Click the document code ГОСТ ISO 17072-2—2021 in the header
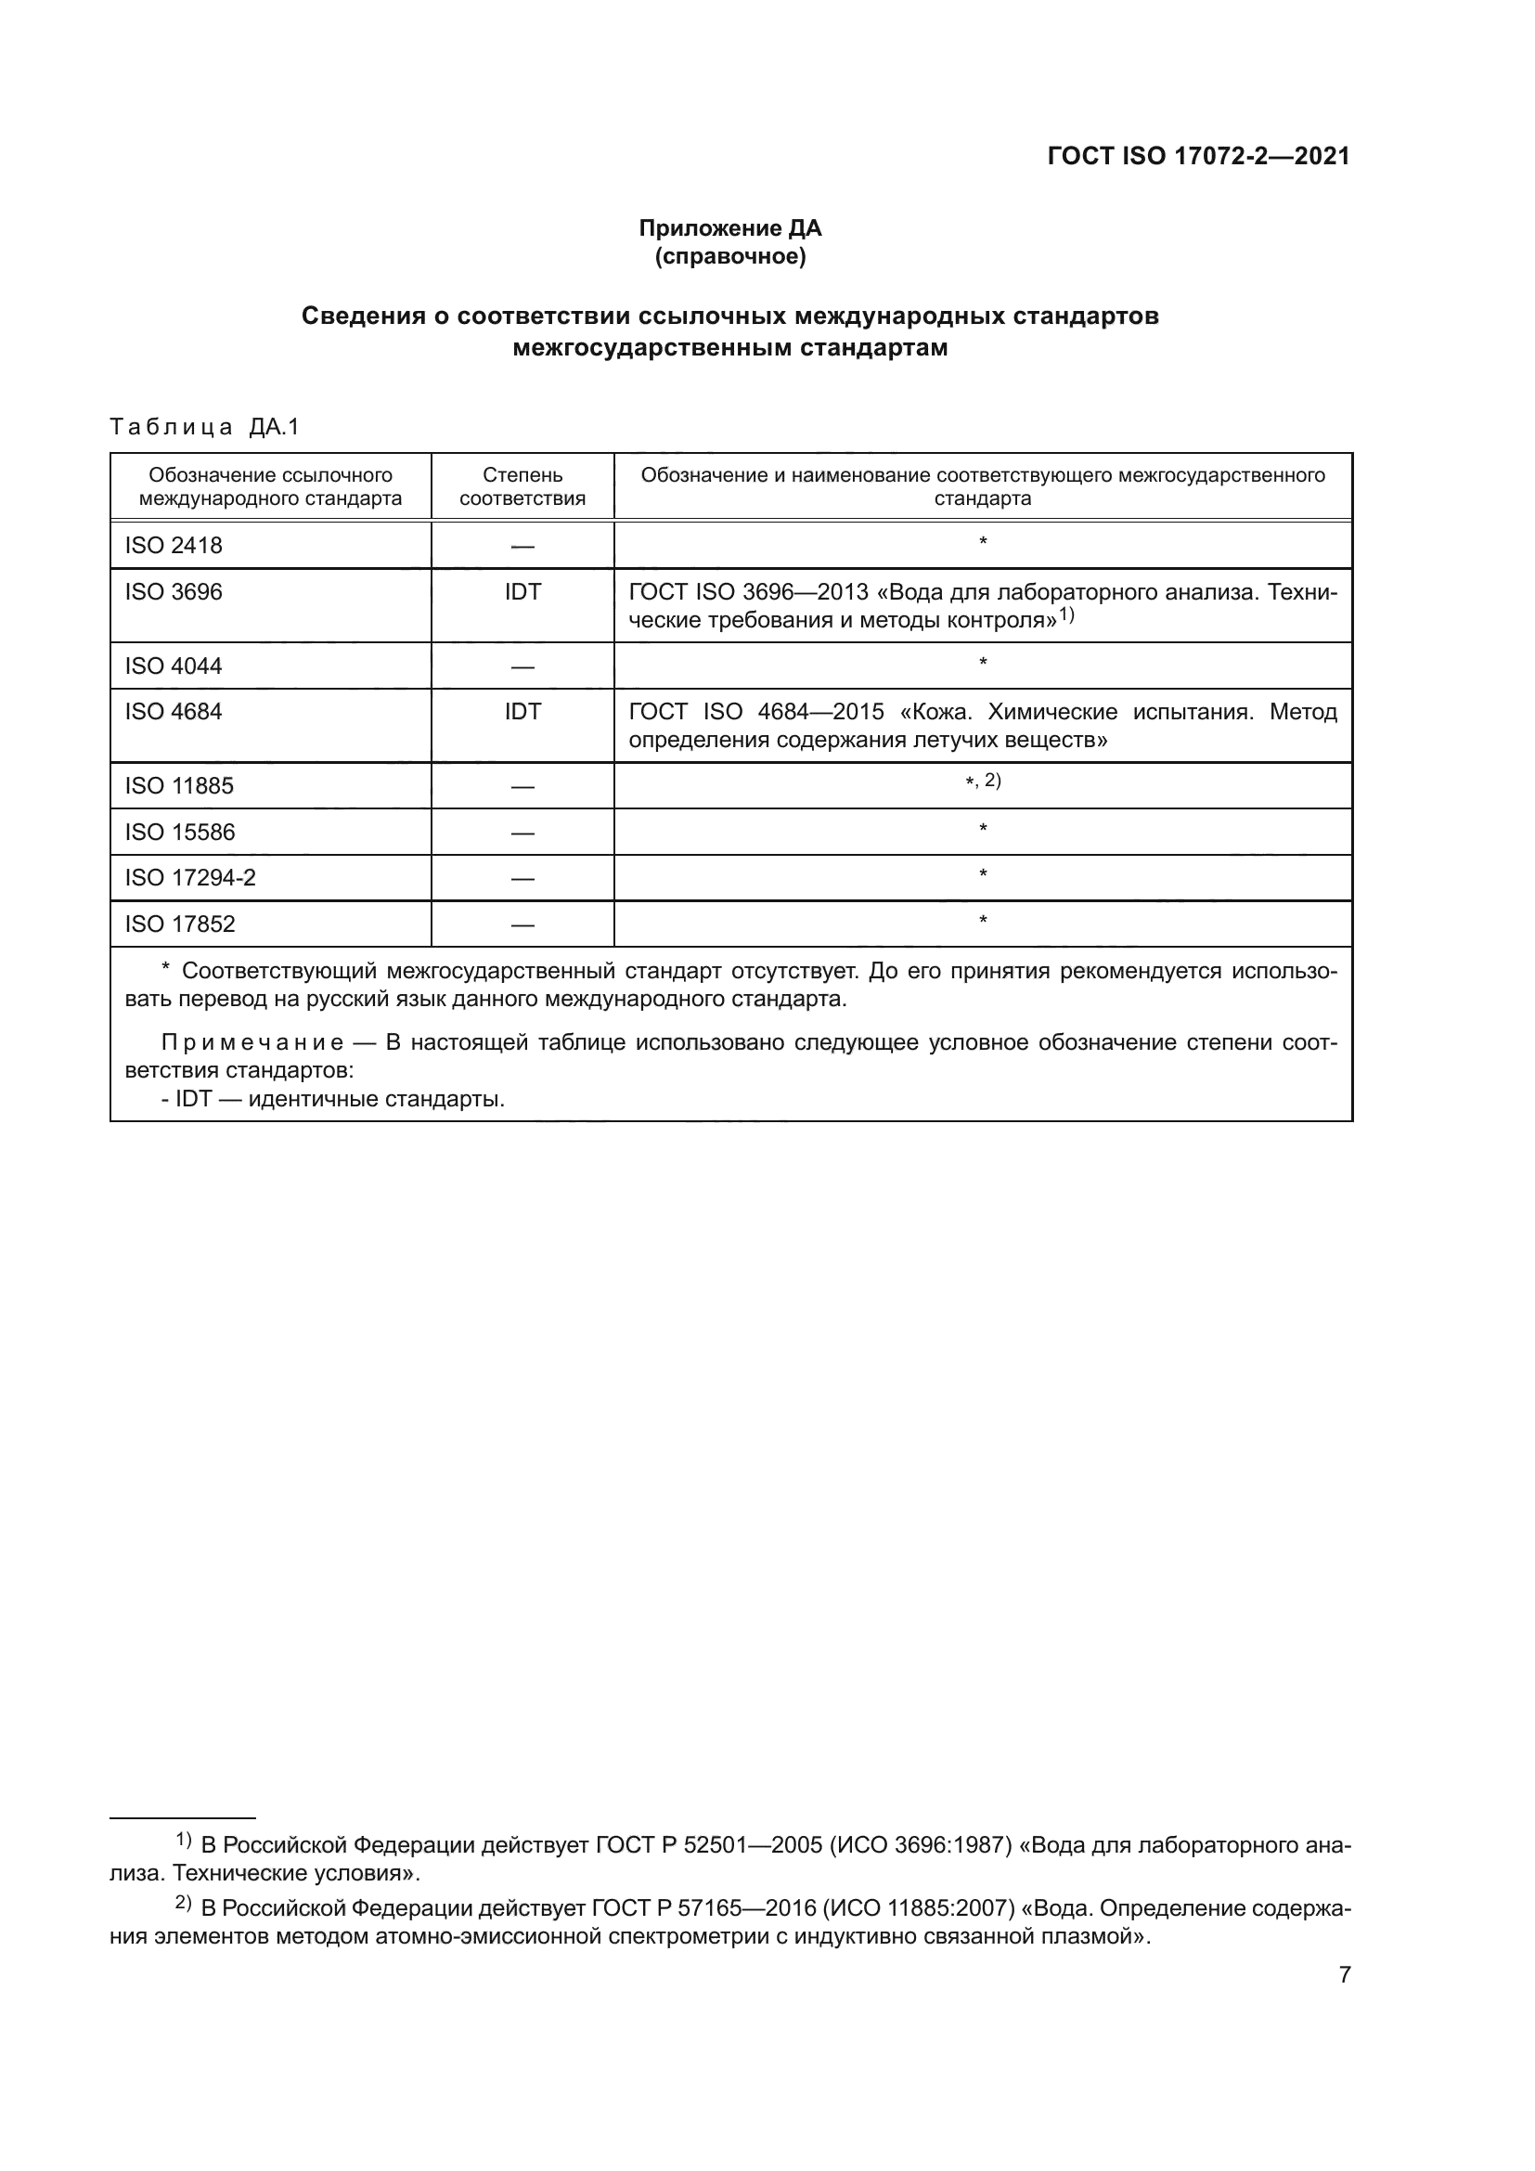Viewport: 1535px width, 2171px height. pyautogui.click(x=1198, y=157)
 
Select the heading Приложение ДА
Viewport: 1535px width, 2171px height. pyautogui.click(x=729, y=229)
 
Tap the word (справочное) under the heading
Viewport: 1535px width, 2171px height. pyautogui.click(x=729, y=256)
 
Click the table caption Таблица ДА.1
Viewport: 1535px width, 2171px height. pyautogui.click(x=204, y=427)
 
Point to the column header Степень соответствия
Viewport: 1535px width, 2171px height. pyautogui.click(x=522, y=487)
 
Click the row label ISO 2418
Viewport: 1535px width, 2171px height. pyautogui.click(x=173, y=546)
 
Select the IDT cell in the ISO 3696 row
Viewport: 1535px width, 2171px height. pyautogui.click(x=522, y=592)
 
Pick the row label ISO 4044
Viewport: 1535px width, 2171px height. pyautogui.click(x=173, y=666)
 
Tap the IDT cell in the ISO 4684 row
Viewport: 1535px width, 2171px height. pyautogui.click(x=522, y=712)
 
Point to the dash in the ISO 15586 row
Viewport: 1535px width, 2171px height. pyautogui.click(x=522, y=833)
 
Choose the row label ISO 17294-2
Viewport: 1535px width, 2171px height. pyautogui.click(x=190, y=878)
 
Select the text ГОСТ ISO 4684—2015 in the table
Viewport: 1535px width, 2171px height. pyautogui.click(x=756, y=712)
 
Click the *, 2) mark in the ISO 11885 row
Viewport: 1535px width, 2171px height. pyautogui.click(x=982, y=781)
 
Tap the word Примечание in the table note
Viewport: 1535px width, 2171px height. pyautogui.click(x=252, y=1043)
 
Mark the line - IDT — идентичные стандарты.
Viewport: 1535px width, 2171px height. pyautogui.click(x=333, y=1100)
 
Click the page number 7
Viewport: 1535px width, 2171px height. pyautogui.click(x=1345, y=1974)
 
